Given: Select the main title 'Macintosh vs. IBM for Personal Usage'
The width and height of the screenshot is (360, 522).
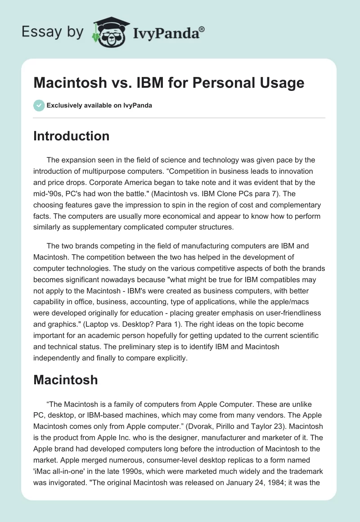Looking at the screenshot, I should click(x=168, y=83).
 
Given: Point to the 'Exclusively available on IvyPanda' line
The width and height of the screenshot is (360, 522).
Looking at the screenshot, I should click(x=99, y=105).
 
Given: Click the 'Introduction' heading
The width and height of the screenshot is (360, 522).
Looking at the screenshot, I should click(x=71, y=136).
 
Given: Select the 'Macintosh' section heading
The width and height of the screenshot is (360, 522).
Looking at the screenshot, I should click(x=65, y=380).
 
